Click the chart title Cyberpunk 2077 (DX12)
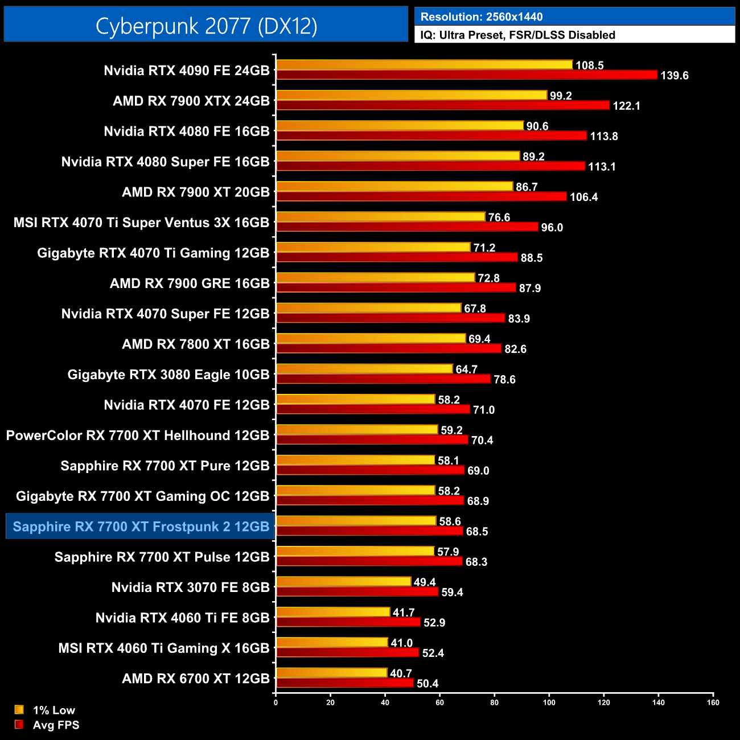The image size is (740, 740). tap(206, 26)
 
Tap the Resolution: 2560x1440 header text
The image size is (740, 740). tap(482, 17)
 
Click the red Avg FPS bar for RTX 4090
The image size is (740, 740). tap(466, 75)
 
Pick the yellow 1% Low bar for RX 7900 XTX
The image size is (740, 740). tap(411, 95)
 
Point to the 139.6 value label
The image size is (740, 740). tap(674, 76)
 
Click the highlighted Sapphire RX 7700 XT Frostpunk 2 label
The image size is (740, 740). tap(141, 527)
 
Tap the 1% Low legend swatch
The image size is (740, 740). tap(19, 710)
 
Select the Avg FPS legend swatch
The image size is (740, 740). tap(19, 725)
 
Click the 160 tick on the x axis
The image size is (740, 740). tap(713, 702)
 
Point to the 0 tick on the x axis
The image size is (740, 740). tap(276, 702)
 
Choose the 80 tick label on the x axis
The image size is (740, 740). tap(494, 702)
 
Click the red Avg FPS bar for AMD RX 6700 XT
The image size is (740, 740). tap(344, 683)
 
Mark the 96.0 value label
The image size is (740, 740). tap(552, 228)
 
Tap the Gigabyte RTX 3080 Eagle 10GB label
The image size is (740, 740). tap(168, 375)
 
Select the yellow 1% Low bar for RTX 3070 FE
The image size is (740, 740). tap(343, 582)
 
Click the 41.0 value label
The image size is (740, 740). tap(401, 643)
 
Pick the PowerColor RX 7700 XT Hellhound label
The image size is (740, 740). tap(138, 435)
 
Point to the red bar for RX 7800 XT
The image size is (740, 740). tap(388, 348)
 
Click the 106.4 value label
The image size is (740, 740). tap(583, 198)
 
